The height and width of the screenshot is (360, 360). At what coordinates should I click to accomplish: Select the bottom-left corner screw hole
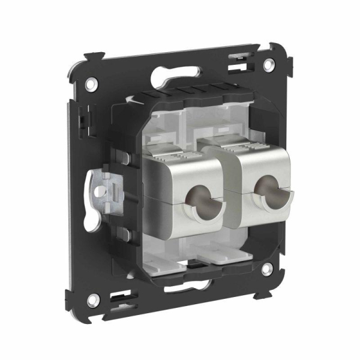(92, 298)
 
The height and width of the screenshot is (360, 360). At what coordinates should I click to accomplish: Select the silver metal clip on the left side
(103, 190)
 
